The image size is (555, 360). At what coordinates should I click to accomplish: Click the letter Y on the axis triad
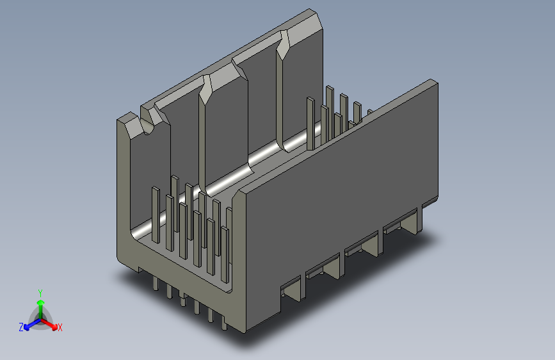pyautogui.click(x=40, y=293)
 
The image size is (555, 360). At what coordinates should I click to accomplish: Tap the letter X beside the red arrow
pyautogui.click(x=60, y=327)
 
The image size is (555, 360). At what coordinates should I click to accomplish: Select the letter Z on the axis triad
pyautogui.click(x=21, y=327)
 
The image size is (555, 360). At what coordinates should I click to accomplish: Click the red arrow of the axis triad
pyautogui.click(x=49, y=323)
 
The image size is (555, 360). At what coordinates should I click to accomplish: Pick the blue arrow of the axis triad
pyautogui.click(x=32, y=324)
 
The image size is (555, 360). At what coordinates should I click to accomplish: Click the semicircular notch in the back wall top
pyautogui.click(x=148, y=127)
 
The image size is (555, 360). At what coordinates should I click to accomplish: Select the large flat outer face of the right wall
pyautogui.click(x=340, y=199)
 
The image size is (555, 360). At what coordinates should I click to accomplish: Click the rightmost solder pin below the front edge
pyautogui.click(x=225, y=322)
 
